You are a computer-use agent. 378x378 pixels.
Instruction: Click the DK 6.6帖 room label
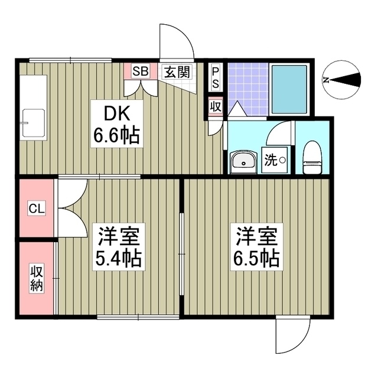[116, 125]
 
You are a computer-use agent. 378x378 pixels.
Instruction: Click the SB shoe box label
[141, 71]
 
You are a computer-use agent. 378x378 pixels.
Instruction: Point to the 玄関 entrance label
[177, 72]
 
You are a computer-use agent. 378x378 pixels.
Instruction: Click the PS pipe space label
[216, 77]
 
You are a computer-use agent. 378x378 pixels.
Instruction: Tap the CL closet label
[36, 208]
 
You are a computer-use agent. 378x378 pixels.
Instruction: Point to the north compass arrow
[348, 80]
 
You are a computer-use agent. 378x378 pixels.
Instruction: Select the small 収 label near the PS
[216, 106]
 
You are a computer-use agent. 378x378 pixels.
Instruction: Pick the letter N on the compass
[326, 80]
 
